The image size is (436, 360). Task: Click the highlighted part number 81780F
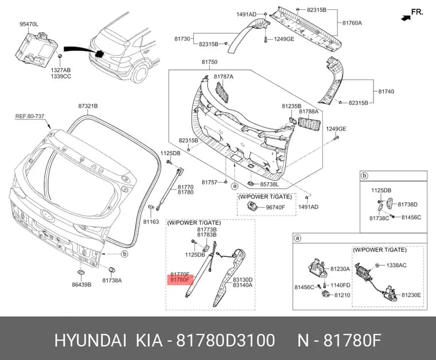[180, 280]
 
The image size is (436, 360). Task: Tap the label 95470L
[29, 25]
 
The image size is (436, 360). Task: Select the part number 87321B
[88, 106]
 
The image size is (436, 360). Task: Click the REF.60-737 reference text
[30, 116]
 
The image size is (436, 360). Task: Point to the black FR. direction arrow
[406, 18]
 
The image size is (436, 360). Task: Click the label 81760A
[352, 23]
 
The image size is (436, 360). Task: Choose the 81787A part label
[224, 76]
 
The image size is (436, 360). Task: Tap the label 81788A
[309, 111]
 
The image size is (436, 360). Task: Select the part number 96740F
[275, 207]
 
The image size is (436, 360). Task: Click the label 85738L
[269, 184]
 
